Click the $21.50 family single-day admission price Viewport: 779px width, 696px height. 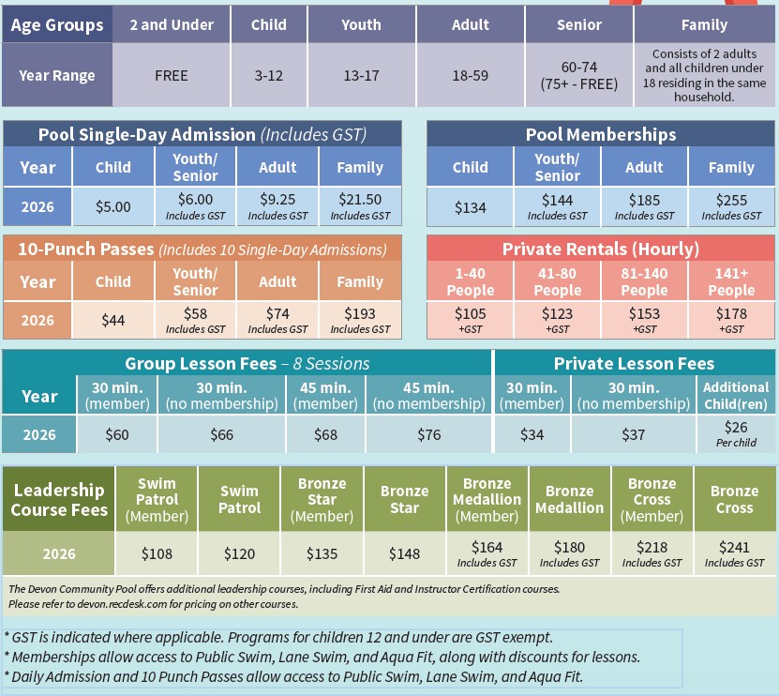click(x=359, y=200)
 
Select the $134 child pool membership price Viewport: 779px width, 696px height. click(x=470, y=206)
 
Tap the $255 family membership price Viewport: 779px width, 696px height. click(x=731, y=200)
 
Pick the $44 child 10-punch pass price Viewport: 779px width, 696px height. click(x=113, y=320)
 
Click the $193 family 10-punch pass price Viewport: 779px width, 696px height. click(x=359, y=313)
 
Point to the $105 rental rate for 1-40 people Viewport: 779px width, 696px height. click(x=470, y=313)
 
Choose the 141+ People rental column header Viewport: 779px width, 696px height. click(x=731, y=281)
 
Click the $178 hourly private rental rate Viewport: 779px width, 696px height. click(x=731, y=313)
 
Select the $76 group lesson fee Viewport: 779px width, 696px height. click(x=428, y=434)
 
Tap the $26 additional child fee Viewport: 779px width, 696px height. click(x=736, y=428)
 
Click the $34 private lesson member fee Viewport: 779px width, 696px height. click(x=532, y=434)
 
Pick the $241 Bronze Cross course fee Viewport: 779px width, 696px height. click(x=734, y=548)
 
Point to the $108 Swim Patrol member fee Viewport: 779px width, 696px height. click(x=157, y=553)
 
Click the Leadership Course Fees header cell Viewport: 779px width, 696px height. click(x=58, y=500)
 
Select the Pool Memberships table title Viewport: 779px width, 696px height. click(x=601, y=134)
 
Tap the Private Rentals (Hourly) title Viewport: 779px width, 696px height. click(x=601, y=249)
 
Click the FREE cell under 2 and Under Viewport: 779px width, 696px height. click(x=172, y=75)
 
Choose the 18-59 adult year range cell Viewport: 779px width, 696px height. click(x=470, y=75)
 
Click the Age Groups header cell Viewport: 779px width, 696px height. click(x=57, y=25)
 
